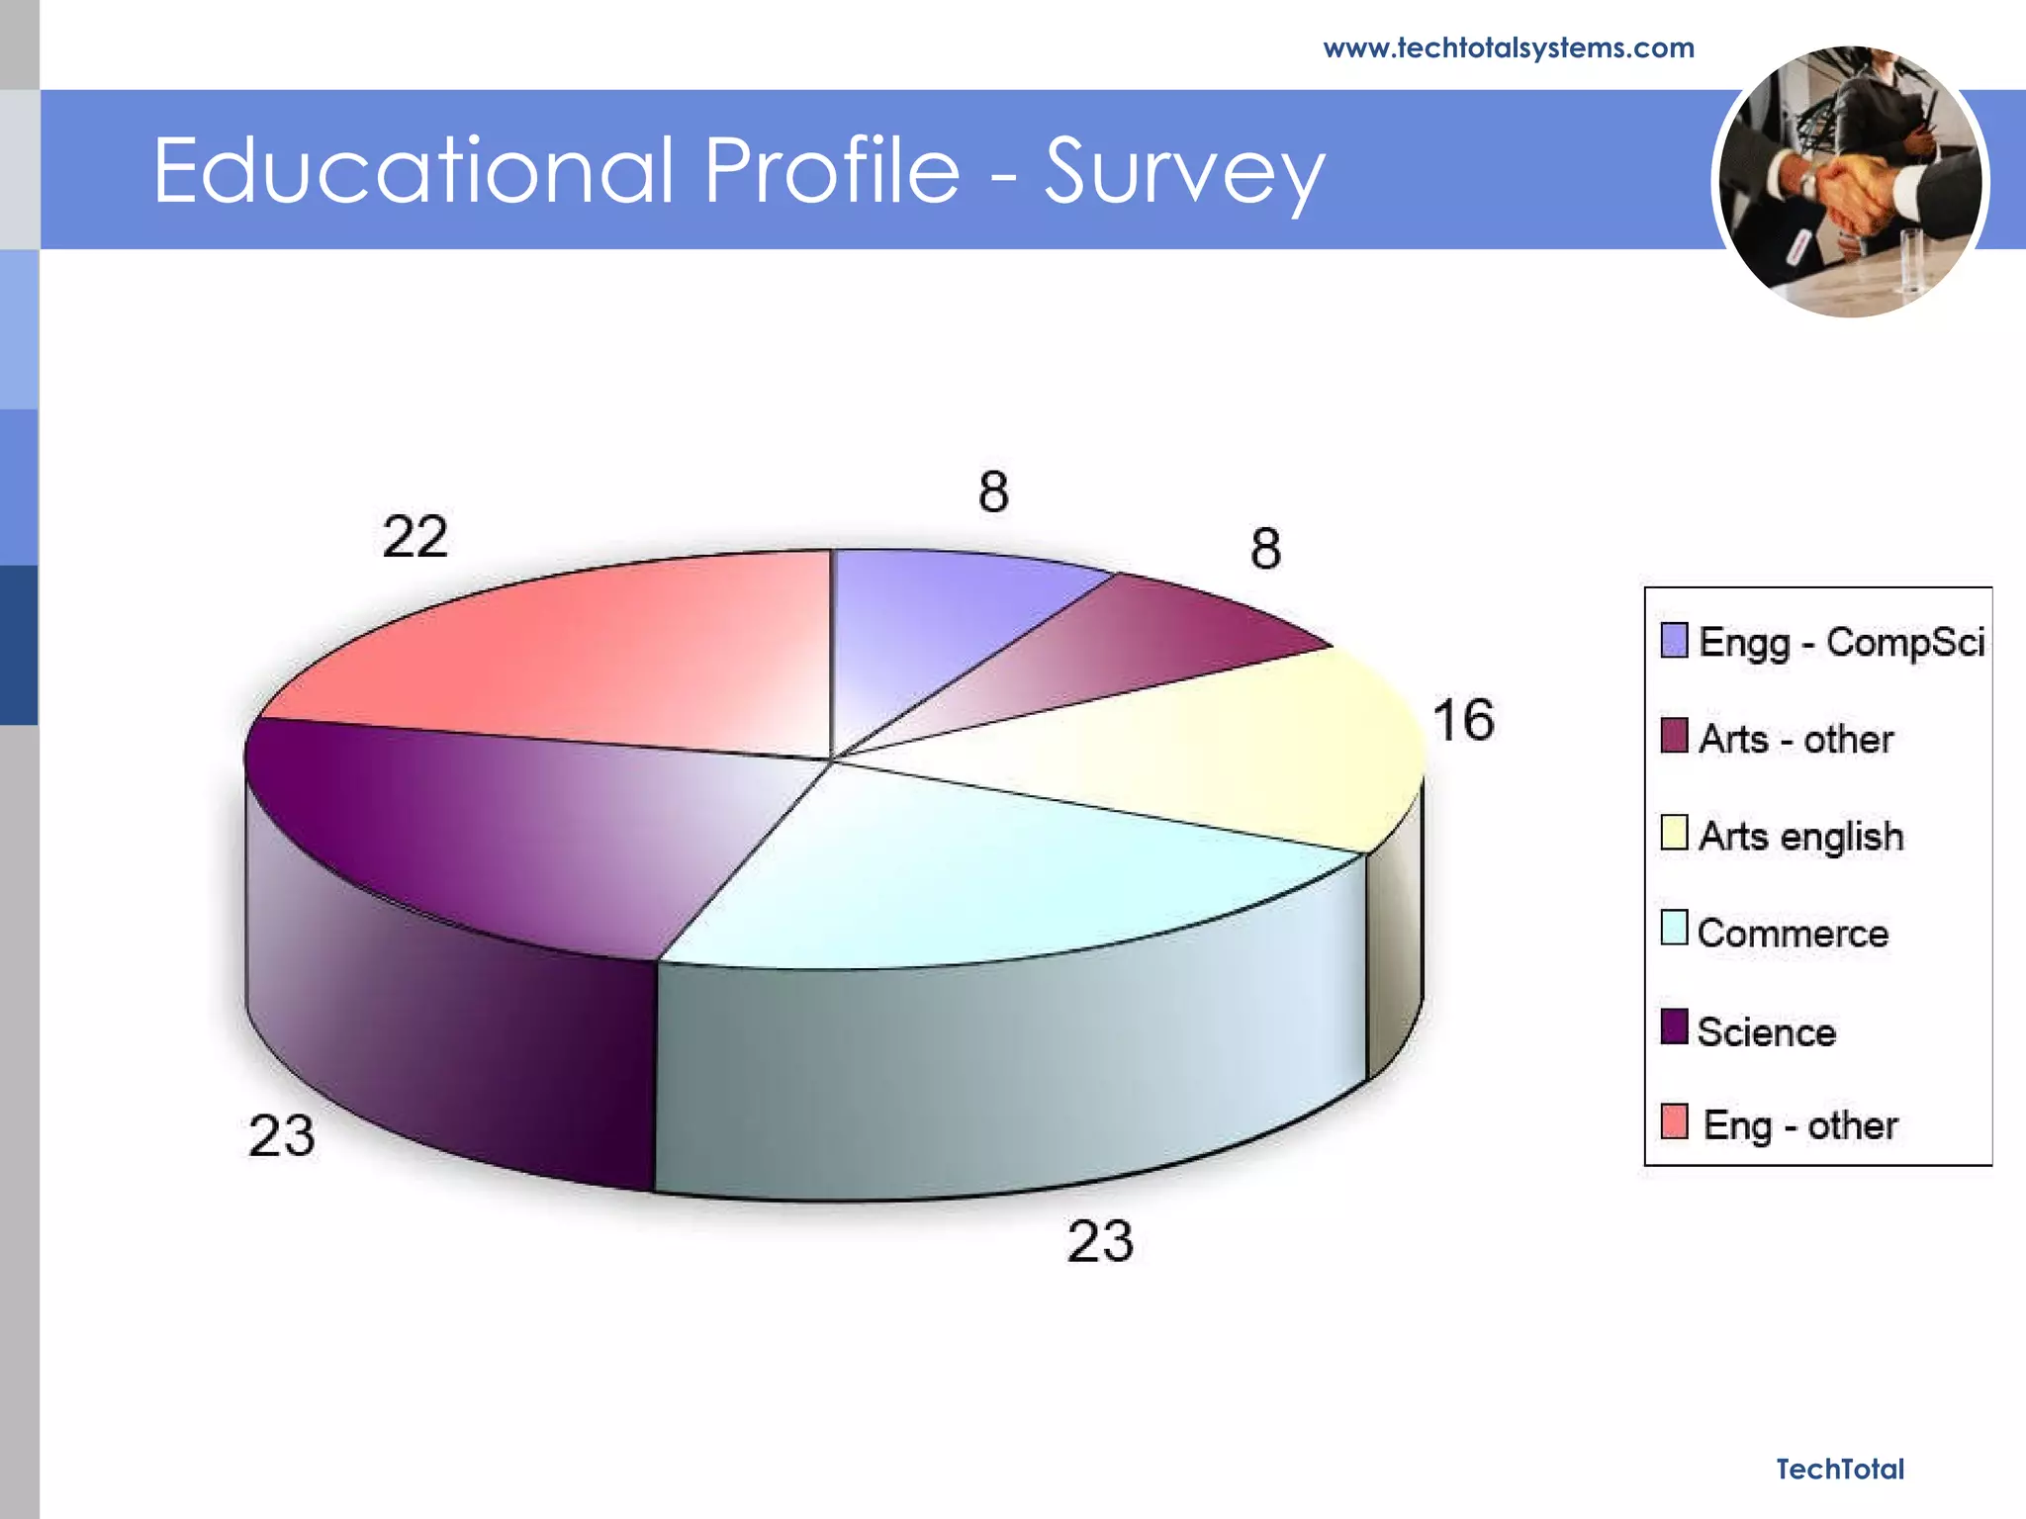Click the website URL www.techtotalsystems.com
point(1508,48)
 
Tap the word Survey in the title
point(1183,173)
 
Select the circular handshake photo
point(1850,182)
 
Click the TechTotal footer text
point(1839,1469)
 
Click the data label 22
point(415,537)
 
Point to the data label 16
point(1463,720)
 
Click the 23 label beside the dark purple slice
point(282,1135)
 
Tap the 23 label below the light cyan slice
point(1100,1240)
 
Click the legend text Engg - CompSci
point(1840,642)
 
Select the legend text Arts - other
point(1796,739)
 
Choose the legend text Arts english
point(1800,836)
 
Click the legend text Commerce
point(1793,933)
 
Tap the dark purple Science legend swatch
point(1674,1027)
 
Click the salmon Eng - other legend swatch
point(1674,1121)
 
